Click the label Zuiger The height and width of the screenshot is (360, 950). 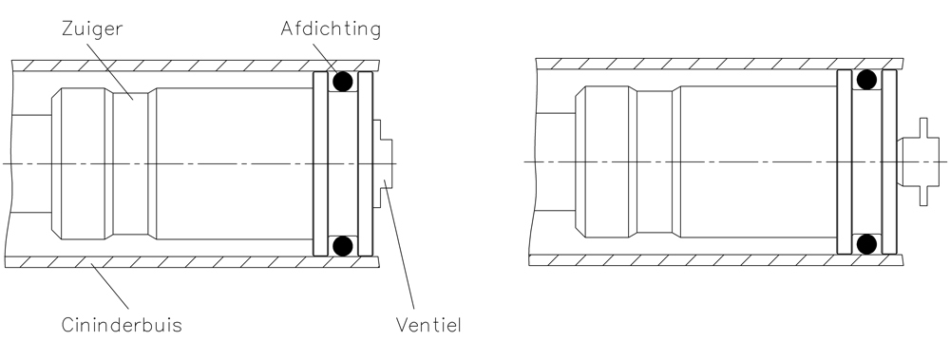coord(92,29)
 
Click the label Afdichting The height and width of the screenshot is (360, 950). coord(331,29)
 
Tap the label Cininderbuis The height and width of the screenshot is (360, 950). coord(122,325)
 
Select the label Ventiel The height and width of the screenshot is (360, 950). coord(428,325)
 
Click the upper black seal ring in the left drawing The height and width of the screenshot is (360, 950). coord(343,81)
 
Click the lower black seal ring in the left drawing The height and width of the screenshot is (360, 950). coord(343,246)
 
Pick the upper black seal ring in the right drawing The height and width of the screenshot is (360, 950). coord(866,80)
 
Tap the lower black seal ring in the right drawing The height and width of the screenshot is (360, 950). coord(866,244)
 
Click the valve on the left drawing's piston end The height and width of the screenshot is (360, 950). coord(382,163)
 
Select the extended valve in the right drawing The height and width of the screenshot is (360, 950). coord(918,161)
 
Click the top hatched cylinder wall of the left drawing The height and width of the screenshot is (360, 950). coord(195,66)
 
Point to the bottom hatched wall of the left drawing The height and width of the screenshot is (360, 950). coord(192,262)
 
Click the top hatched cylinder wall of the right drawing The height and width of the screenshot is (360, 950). coord(719,64)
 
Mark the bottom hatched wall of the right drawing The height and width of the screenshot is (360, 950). coord(716,260)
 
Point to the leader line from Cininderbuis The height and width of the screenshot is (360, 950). coord(109,286)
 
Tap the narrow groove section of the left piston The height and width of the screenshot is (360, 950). coord(130,163)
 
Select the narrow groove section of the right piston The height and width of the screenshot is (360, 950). coord(655,161)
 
